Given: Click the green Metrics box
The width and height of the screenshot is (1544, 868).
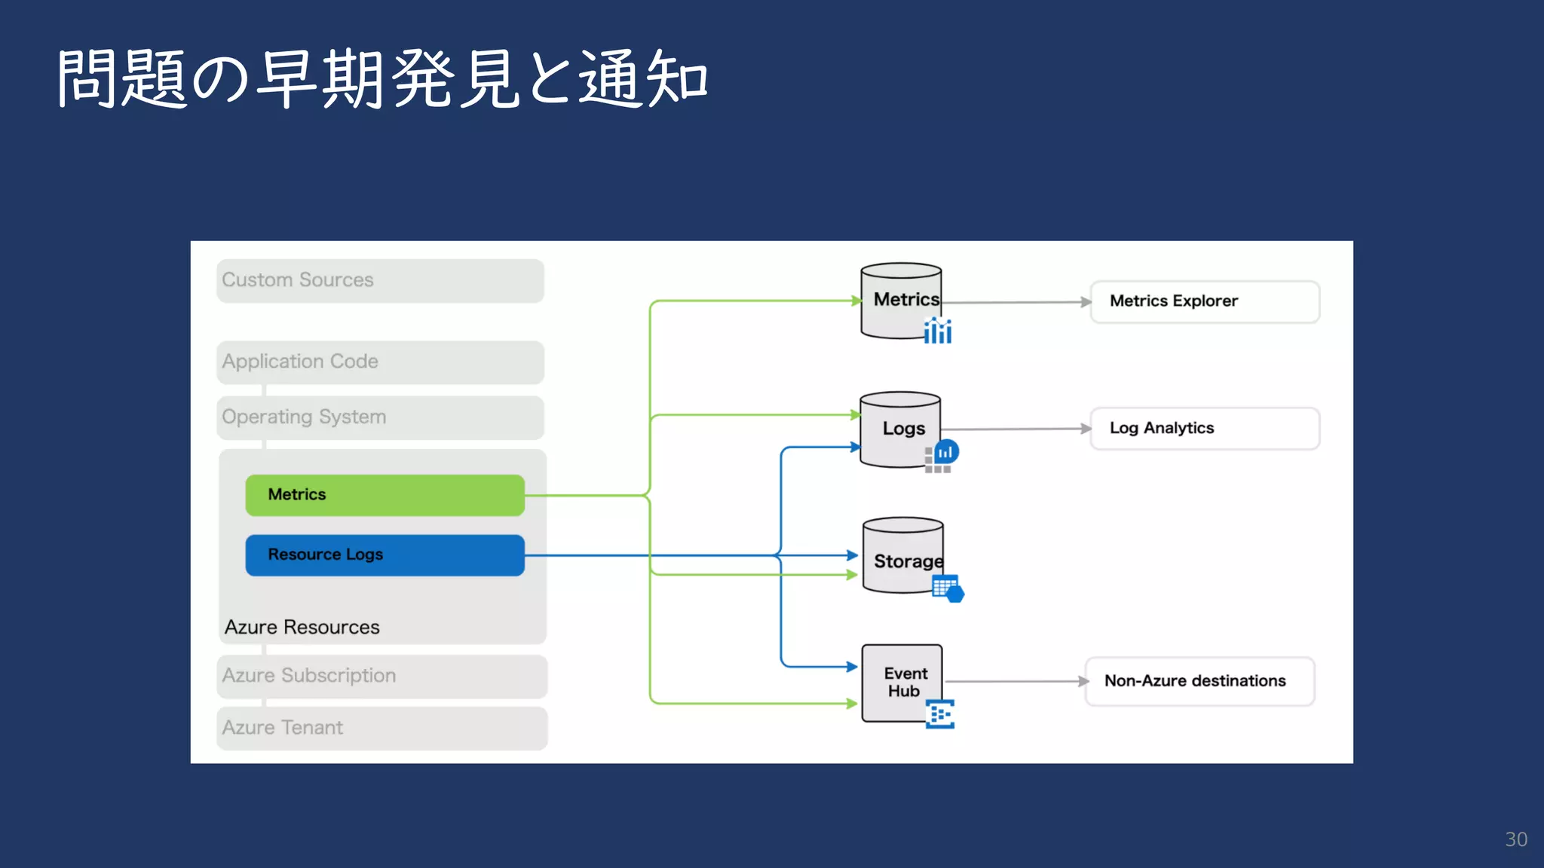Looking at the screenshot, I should pos(384,495).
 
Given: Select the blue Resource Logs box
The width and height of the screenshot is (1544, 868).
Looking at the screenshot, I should pos(384,555).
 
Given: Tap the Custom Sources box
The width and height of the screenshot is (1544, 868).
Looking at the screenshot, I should pos(380,281).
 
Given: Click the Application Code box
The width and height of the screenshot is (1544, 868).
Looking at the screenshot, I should pos(380,362).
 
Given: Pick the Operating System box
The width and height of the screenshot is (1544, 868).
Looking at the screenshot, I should pos(380,417).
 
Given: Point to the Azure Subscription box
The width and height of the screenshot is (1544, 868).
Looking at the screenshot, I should pos(381,676).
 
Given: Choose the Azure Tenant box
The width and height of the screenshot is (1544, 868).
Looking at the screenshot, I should pos(381,728).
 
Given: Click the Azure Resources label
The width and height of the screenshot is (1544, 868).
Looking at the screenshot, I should pos(302,627).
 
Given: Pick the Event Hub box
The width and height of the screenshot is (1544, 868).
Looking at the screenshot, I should pos(902,682).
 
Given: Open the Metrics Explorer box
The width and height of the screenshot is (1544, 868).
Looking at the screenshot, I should pos(1205,301).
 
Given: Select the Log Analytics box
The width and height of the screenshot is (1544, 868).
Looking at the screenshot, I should pos(1205,429).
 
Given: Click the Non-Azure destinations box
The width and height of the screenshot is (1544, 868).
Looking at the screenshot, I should pos(1199,681).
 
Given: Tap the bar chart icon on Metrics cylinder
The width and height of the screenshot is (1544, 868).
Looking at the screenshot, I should pos(938,331).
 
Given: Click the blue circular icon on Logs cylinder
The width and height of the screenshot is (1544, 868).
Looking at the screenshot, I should pos(946,452).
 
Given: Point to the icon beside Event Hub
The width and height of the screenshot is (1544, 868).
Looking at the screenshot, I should pos(940,714).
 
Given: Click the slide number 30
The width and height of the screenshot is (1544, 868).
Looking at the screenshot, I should pos(1515,839).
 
